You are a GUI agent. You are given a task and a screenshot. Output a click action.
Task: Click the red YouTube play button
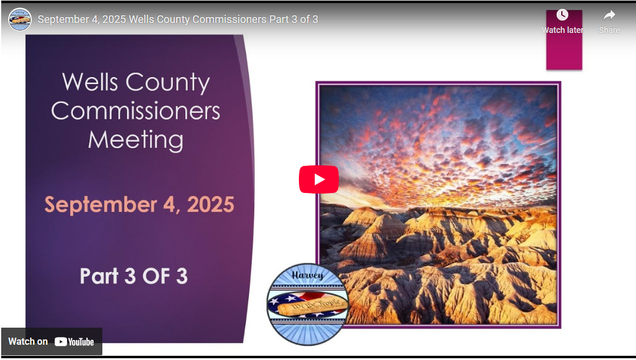[x=318, y=179]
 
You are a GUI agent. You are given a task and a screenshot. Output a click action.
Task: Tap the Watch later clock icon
[x=562, y=15]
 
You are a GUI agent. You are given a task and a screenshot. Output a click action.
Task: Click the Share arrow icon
[x=609, y=15]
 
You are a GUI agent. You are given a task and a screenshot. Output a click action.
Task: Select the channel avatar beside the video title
[x=20, y=19]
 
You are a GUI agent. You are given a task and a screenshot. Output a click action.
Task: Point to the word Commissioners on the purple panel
[x=135, y=111]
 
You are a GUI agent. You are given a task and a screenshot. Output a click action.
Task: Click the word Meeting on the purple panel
[x=135, y=140]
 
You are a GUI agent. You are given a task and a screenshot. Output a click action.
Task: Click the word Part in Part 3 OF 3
[x=99, y=276]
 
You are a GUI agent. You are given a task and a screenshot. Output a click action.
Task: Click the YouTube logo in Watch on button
[x=74, y=342]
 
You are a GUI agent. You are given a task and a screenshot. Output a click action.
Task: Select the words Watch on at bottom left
[x=28, y=342]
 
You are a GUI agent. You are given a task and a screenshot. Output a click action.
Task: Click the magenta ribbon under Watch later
[x=564, y=53]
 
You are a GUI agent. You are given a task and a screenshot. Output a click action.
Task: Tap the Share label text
[x=609, y=30]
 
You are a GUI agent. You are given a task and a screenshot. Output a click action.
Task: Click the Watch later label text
[x=562, y=30]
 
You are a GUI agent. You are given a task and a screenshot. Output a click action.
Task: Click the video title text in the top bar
[x=178, y=19]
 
